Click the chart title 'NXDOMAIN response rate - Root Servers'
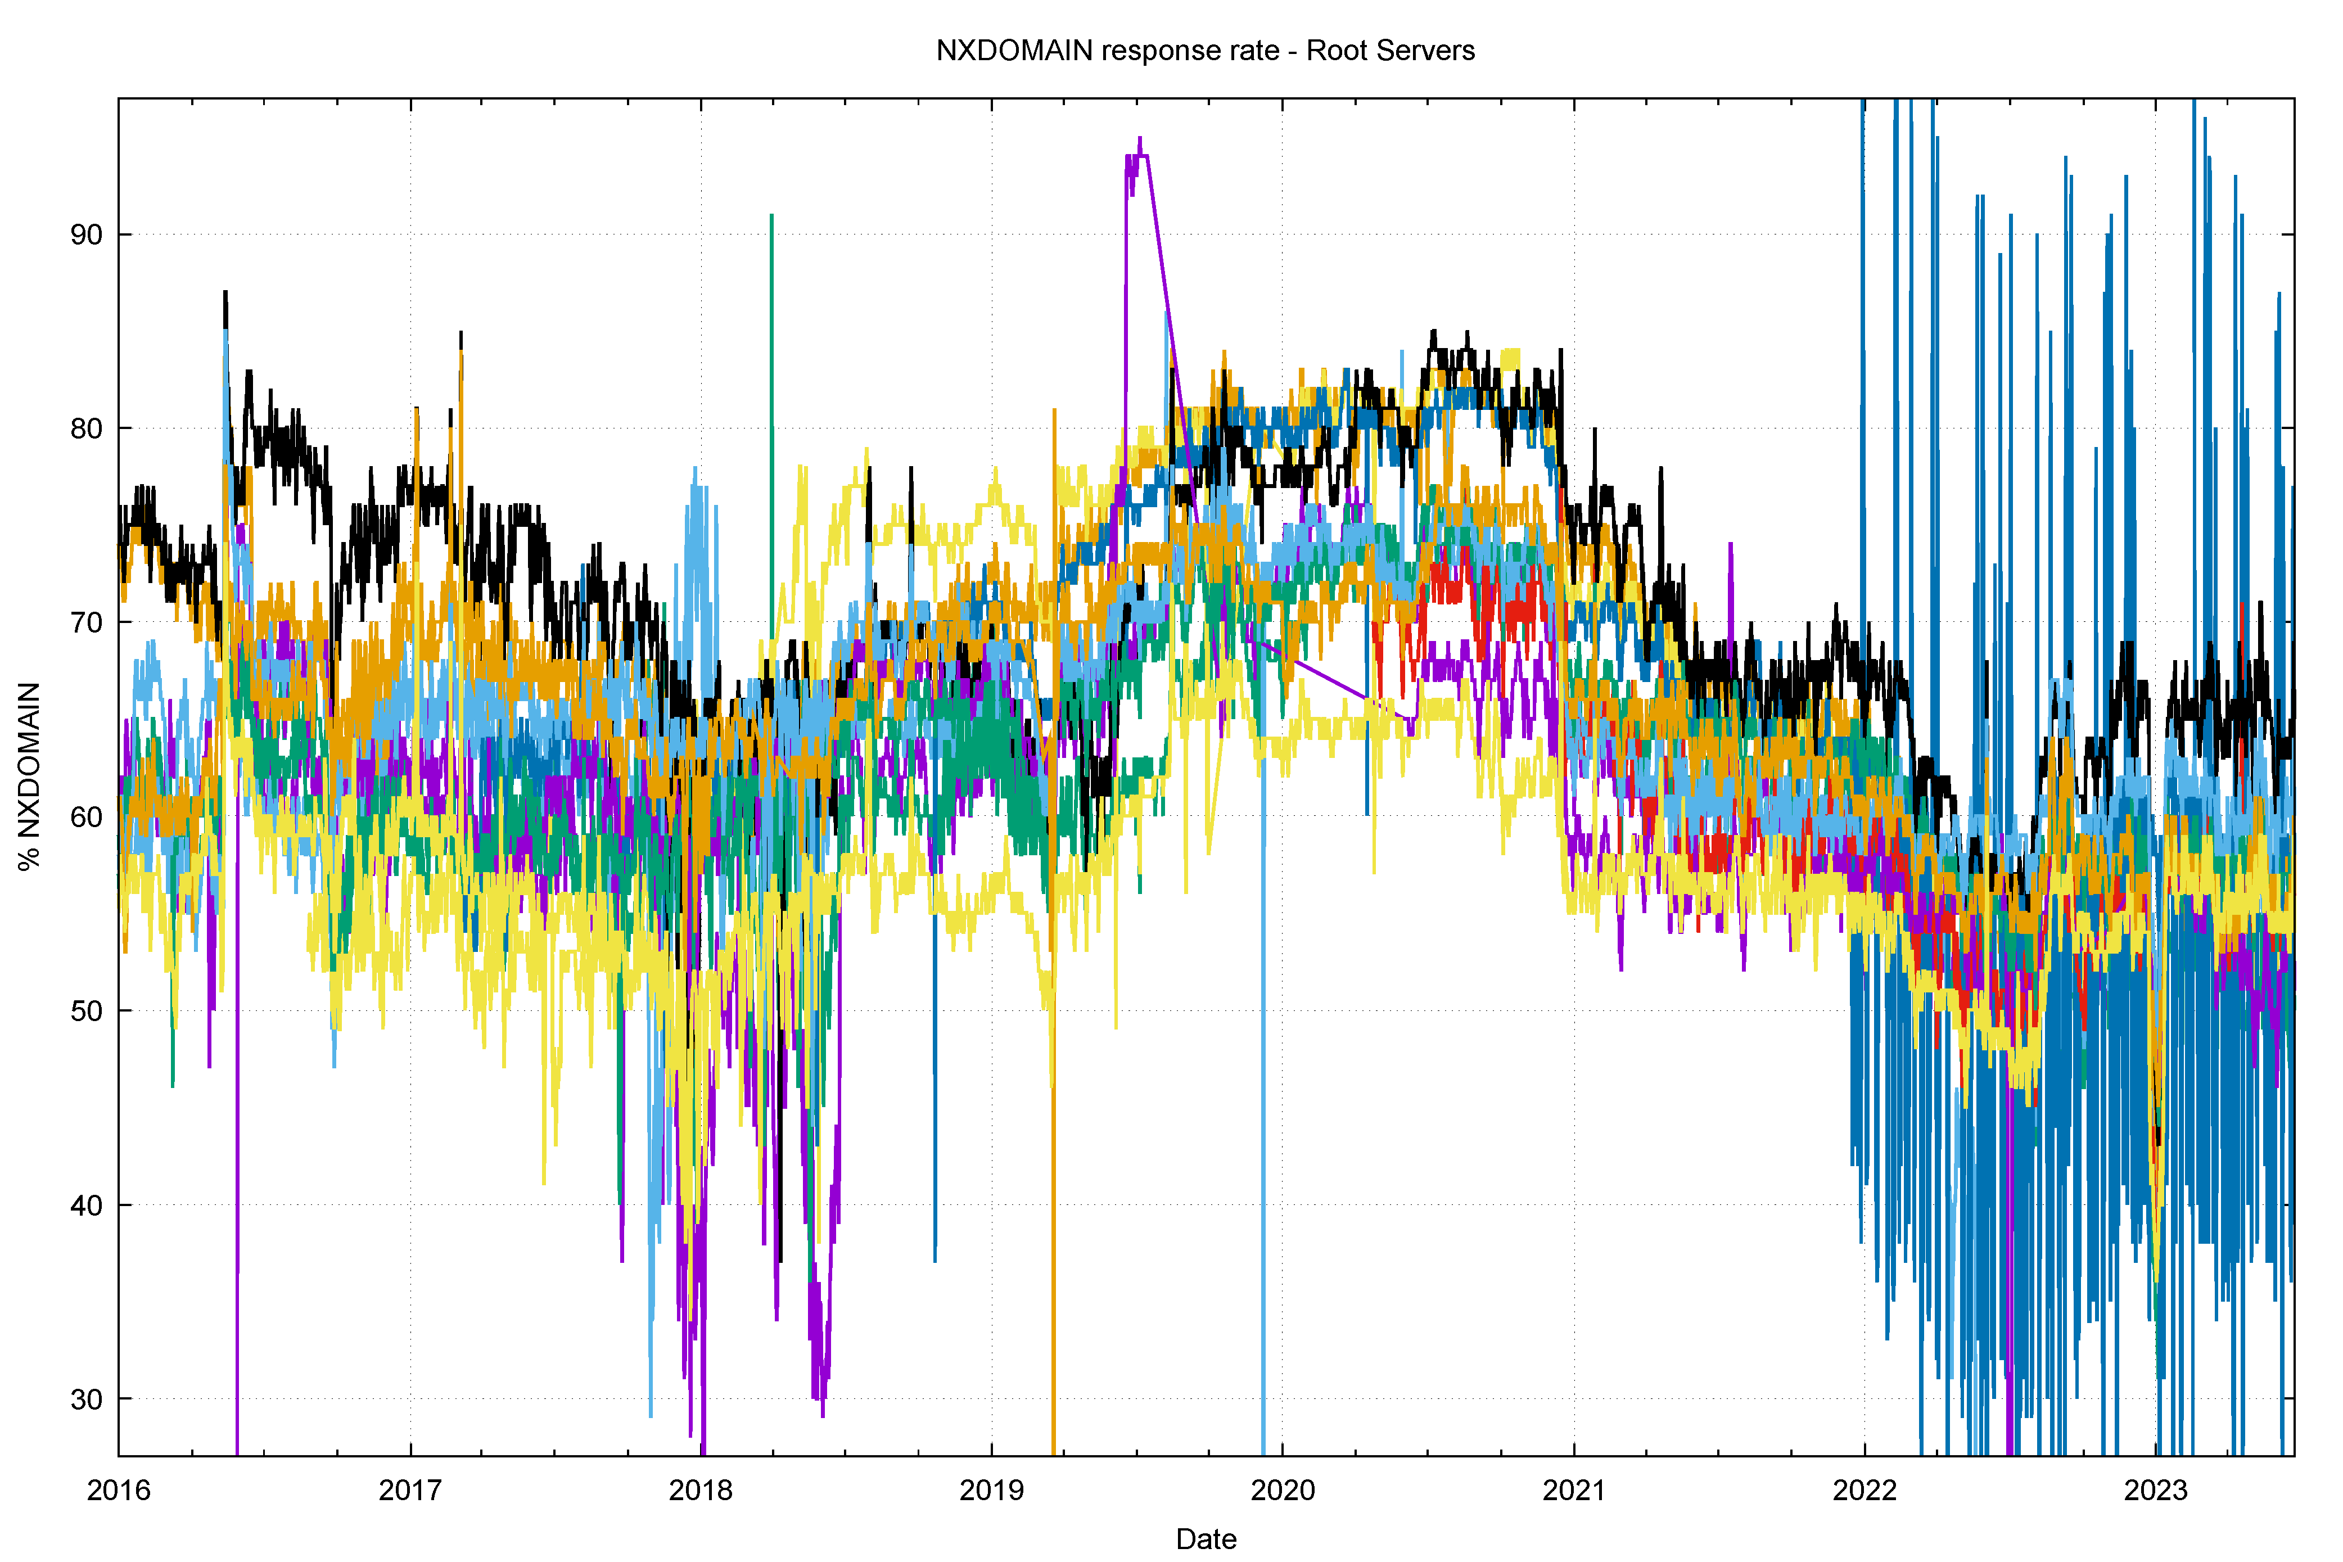point(1206,51)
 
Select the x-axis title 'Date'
point(1206,1539)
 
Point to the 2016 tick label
point(119,1490)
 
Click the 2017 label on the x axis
point(409,1490)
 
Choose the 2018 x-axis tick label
point(700,1490)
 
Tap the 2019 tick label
point(991,1490)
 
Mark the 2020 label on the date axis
point(1282,1490)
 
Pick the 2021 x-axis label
point(1574,1490)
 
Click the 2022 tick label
point(1865,1490)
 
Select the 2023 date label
point(2156,1490)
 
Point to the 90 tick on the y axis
point(87,235)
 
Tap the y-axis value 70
point(87,622)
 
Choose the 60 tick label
point(87,817)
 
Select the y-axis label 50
point(87,1011)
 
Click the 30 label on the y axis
point(87,1398)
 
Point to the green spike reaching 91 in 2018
point(771,216)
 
